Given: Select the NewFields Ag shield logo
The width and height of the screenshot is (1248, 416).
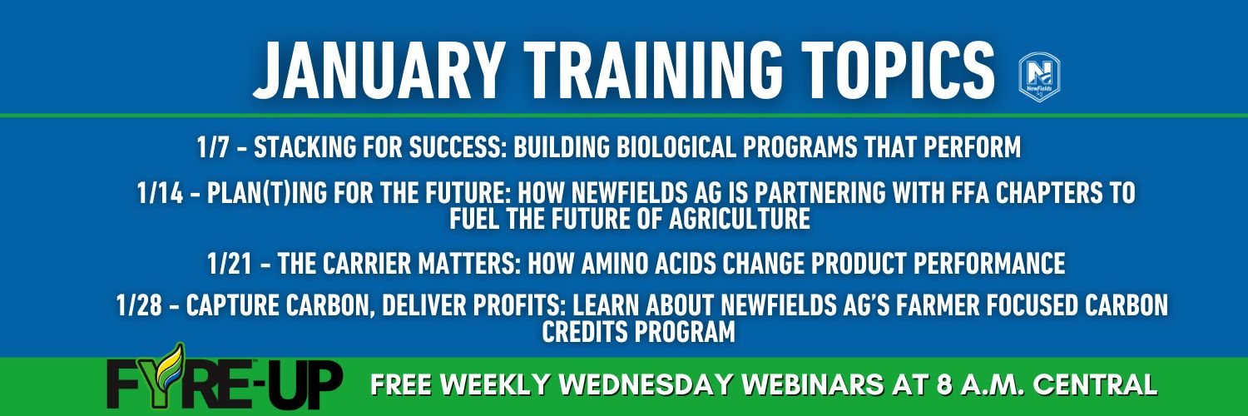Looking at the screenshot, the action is (x=1040, y=77).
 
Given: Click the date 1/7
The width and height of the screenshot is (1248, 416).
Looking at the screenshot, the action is (x=213, y=147).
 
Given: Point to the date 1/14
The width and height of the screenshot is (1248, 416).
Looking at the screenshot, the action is (x=160, y=193).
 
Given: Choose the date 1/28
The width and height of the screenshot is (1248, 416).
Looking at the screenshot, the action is (x=139, y=305).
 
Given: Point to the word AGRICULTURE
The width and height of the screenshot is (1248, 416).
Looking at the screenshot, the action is (x=740, y=218).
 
